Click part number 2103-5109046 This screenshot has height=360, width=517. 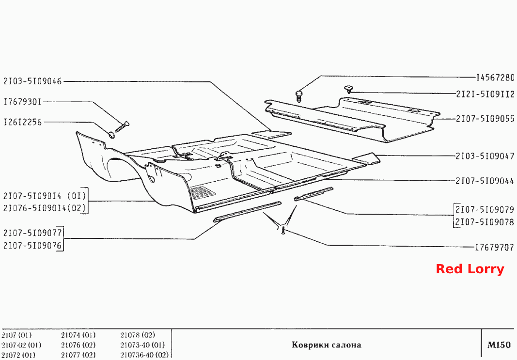(x=32, y=81)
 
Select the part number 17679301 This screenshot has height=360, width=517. (x=22, y=102)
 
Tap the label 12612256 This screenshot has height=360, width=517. (x=23, y=122)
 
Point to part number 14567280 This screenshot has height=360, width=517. (x=495, y=78)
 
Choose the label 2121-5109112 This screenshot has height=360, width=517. (x=486, y=94)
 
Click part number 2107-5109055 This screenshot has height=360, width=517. (x=486, y=119)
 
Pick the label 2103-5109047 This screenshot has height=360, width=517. (x=486, y=156)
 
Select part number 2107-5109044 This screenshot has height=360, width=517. (x=485, y=181)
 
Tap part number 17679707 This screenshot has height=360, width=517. (x=495, y=247)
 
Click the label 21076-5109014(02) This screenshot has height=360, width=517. (x=45, y=208)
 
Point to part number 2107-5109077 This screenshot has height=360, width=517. (x=32, y=233)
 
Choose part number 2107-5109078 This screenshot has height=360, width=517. (x=485, y=222)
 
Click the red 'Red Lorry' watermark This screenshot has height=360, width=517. (x=470, y=269)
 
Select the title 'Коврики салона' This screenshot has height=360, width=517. (x=327, y=345)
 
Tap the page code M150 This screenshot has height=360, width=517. (x=499, y=345)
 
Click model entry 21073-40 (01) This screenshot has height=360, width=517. (x=142, y=345)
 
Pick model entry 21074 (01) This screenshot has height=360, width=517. (x=78, y=335)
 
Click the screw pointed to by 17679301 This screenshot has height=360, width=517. (x=122, y=127)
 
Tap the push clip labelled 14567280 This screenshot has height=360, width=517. (x=299, y=96)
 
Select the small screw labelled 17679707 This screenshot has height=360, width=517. (x=283, y=230)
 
